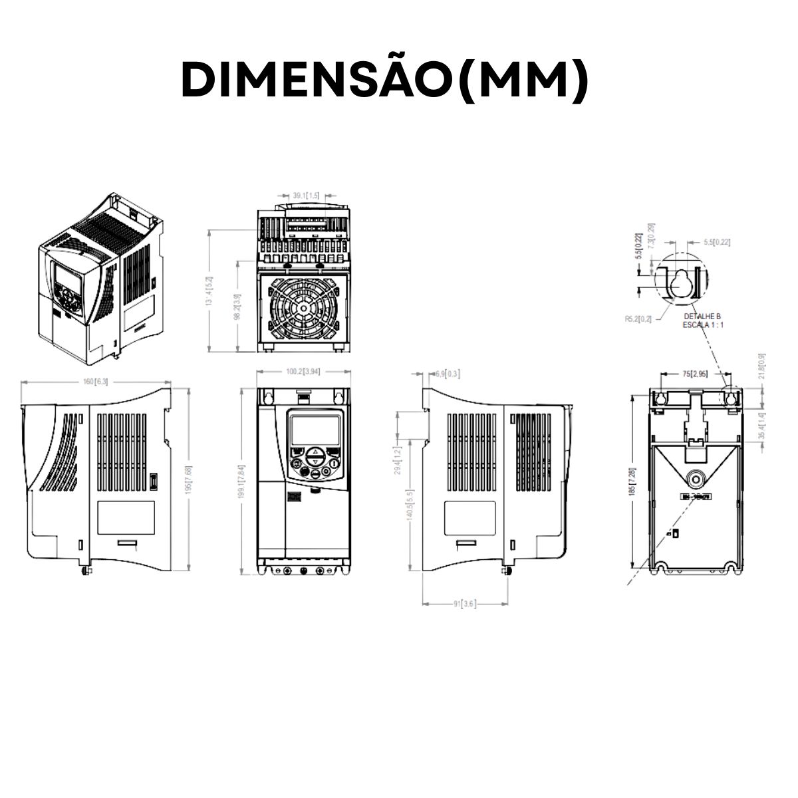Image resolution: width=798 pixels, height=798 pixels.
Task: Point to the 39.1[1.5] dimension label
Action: point(306,196)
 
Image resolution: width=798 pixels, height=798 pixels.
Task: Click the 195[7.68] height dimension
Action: point(189,479)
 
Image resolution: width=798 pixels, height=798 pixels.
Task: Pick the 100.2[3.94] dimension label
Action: point(303,372)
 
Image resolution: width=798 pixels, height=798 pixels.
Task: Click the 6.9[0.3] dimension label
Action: point(447,374)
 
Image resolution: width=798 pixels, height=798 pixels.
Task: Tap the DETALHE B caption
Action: point(702,317)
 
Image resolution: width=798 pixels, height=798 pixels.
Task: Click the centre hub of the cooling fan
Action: point(303,309)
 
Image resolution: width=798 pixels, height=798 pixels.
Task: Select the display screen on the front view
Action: point(315,429)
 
